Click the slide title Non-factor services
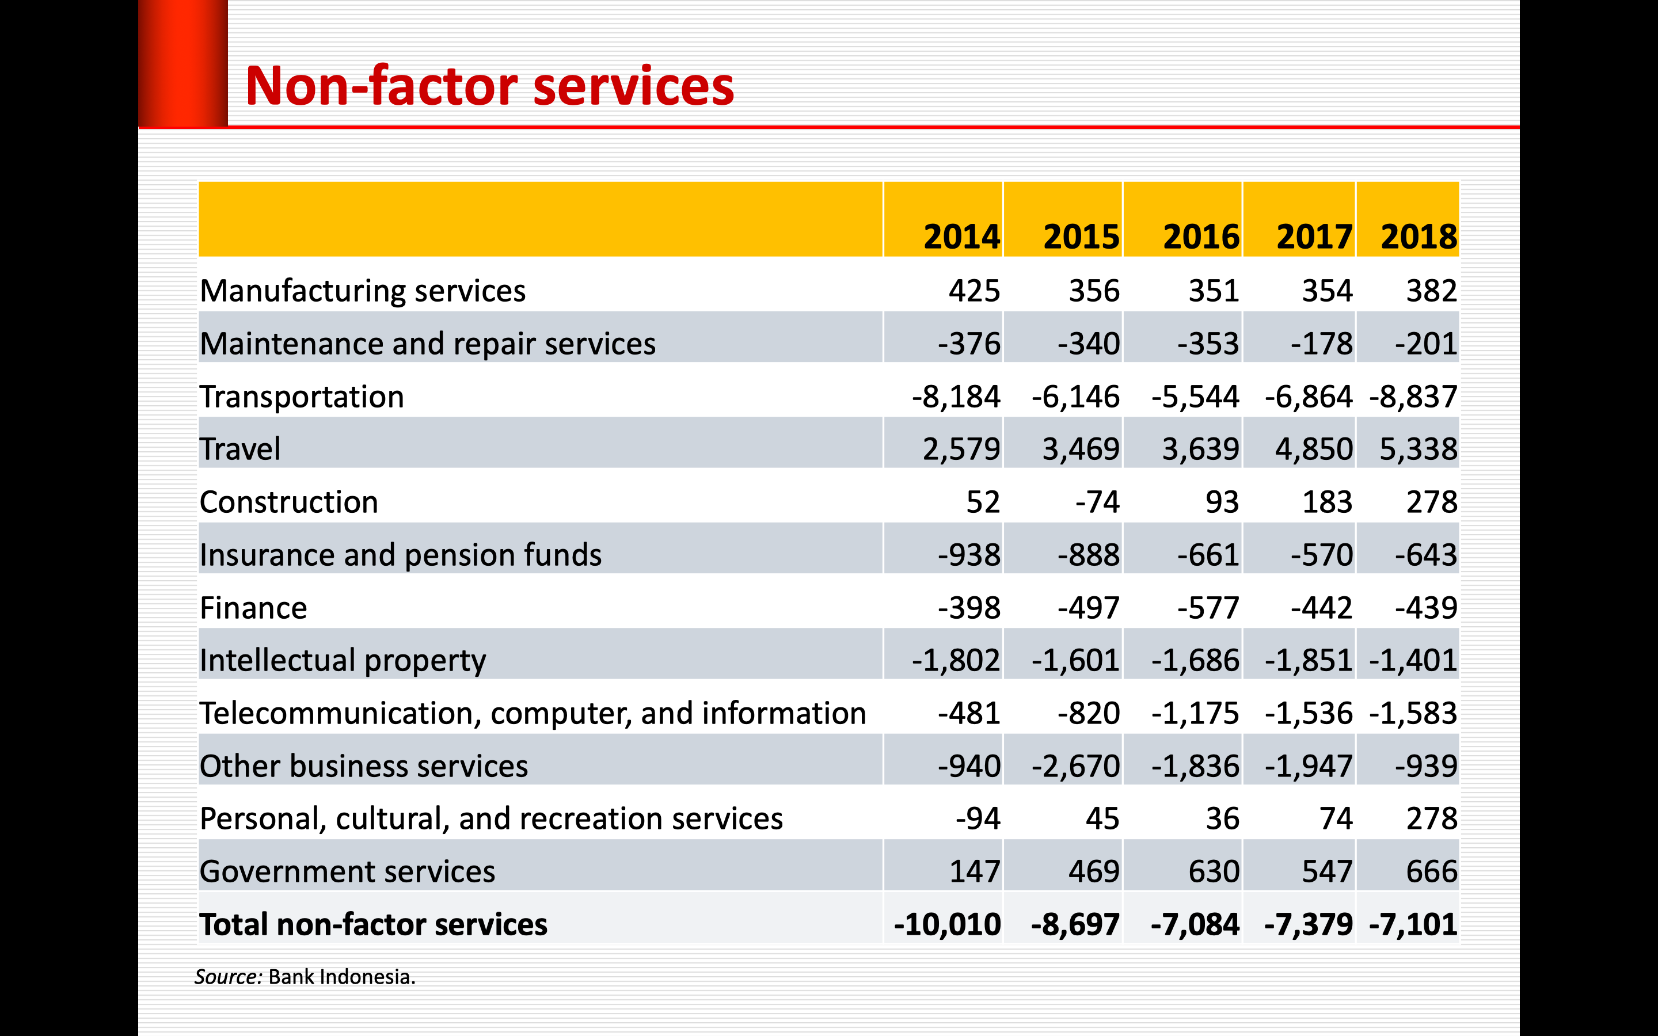tap(489, 86)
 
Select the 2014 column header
tap(961, 237)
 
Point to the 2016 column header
tap(1200, 237)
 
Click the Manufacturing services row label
tap(363, 291)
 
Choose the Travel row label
tap(240, 450)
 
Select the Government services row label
tap(347, 871)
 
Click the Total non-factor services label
tap(374, 924)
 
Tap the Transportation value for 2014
tap(956, 397)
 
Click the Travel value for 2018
tap(1418, 450)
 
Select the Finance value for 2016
tap(1208, 608)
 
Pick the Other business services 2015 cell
tap(1075, 766)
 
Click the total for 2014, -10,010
tap(947, 924)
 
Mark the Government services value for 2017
tap(1327, 871)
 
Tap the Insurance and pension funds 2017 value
tap(1322, 555)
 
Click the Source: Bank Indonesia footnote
tap(305, 976)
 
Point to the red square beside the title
tap(183, 63)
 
